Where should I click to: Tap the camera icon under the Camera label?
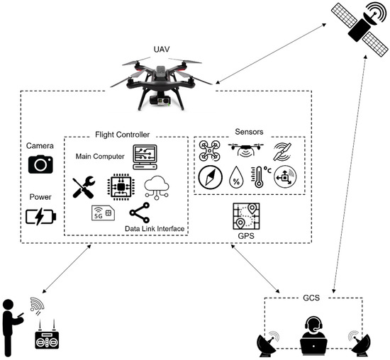pyautogui.click(x=41, y=164)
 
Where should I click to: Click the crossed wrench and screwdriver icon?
pyautogui.click(x=85, y=187)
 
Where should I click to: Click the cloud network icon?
pyautogui.click(x=157, y=187)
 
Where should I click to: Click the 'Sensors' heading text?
pyautogui.click(x=249, y=131)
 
